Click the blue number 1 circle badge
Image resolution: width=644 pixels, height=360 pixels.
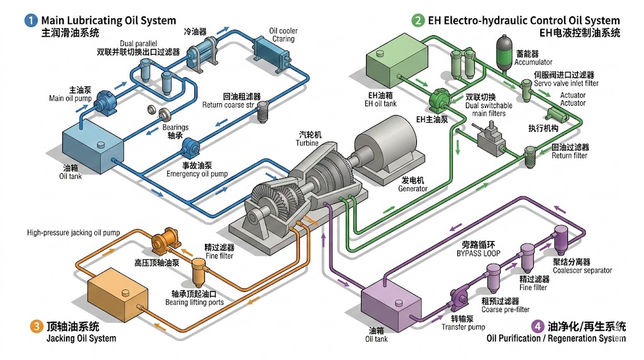tap(30, 21)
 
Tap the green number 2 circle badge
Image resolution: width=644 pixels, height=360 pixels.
tap(418, 21)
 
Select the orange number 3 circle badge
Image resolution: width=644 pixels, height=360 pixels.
tap(36, 326)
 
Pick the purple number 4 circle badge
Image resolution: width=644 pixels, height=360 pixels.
tap(537, 326)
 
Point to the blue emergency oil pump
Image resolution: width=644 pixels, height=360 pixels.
tap(191, 150)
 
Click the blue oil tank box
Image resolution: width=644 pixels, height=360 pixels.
tap(92, 148)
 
